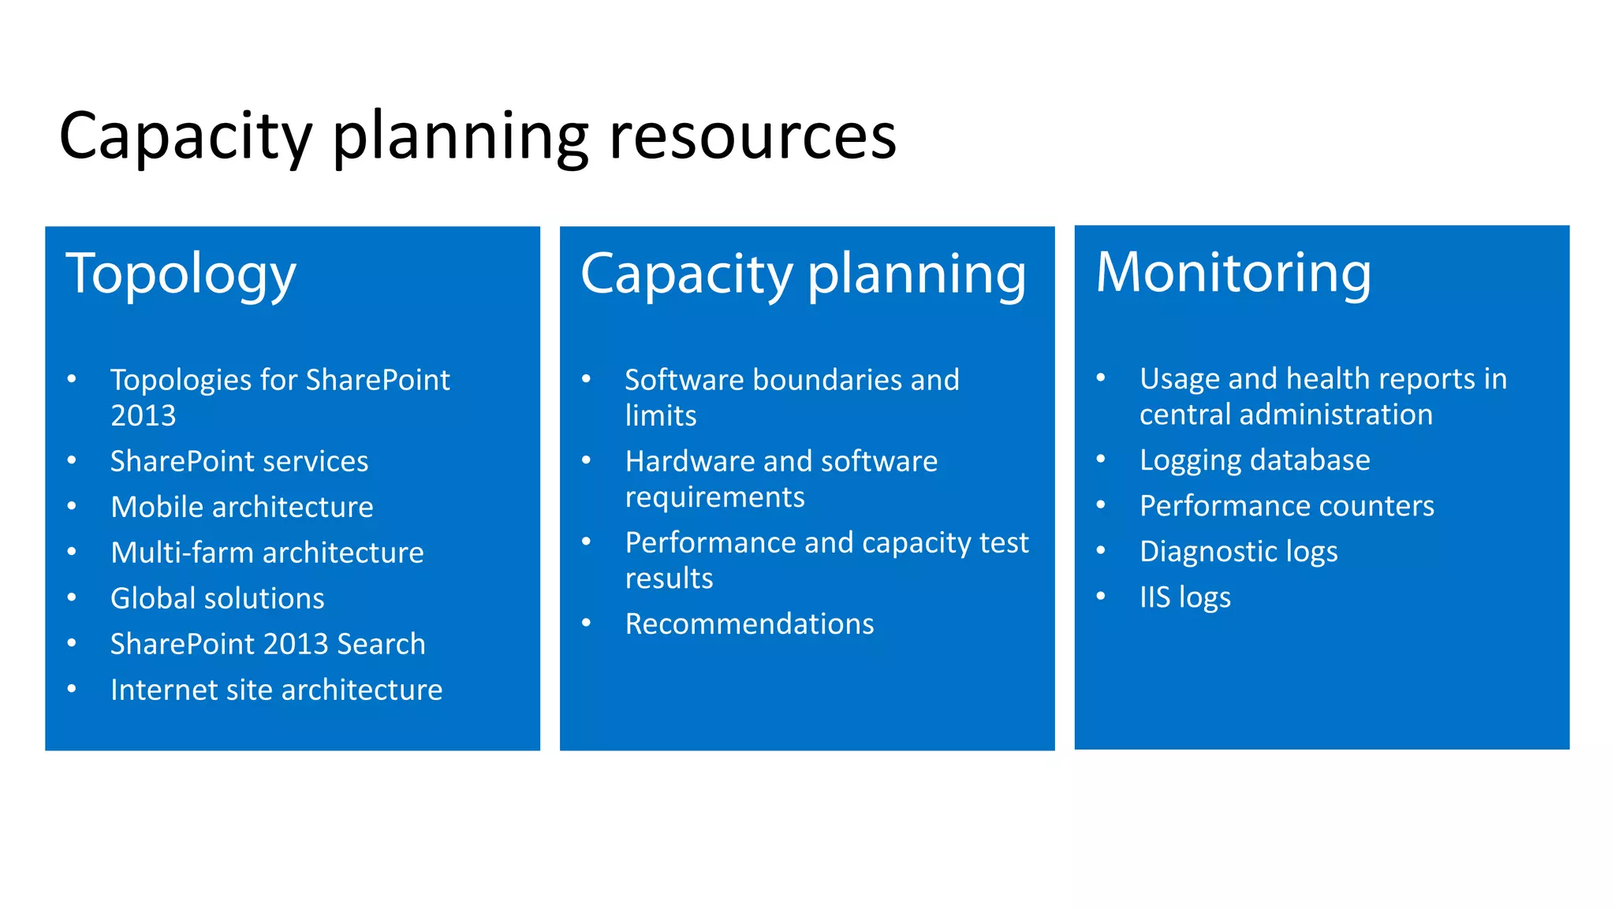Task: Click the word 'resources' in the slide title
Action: pyautogui.click(x=752, y=136)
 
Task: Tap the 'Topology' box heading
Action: pyautogui.click(x=181, y=274)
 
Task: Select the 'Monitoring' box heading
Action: pyautogui.click(x=1233, y=273)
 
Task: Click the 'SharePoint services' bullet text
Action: pyautogui.click(x=239, y=461)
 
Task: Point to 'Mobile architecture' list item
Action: pyautogui.click(x=242, y=507)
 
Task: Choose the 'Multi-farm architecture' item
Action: pyautogui.click(x=267, y=553)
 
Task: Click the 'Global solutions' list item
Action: pyautogui.click(x=218, y=598)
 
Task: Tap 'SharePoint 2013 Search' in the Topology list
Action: pyautogui.click(x=267, y=644)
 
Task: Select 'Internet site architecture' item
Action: pyautogui.click(x=276, y=690)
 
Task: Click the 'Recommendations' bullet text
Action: pyautogui.click(x=749, y=624)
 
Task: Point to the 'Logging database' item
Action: pyautogui.click(x=1255, y=460)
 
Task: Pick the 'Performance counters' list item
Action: pyautogui.click(x=1286, y=506)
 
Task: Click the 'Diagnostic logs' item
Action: pyautogui.click(x=1238, y=552)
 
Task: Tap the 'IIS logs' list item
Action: pyautogui.click(x=1184, y=597)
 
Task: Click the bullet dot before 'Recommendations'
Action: pyautogui.click(x=586, y=623)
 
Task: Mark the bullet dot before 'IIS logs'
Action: pyautogui.click(x=1101, y=596)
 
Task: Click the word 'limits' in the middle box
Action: pyautogui.click(x=661, y=415)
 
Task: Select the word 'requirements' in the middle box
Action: pyautogui.click(x=714, y=497)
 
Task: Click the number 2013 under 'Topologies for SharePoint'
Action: pyautogui.click(x=143, y=415)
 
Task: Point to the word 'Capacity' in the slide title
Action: pyautogui.click(x=185, y=136)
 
